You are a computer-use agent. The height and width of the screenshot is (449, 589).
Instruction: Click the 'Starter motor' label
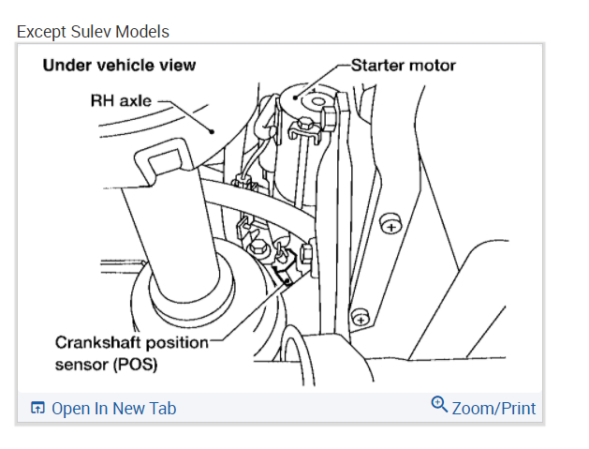(x=404, y=66)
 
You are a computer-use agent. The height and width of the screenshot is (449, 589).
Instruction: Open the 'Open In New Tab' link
(x=113, y=408)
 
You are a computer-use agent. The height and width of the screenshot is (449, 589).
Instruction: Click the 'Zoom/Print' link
(x=493, y=408)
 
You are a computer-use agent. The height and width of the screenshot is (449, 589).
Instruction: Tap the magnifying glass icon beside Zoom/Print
(x=439, y=404)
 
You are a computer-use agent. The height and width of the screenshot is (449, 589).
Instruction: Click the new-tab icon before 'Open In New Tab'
(x=38, y=408)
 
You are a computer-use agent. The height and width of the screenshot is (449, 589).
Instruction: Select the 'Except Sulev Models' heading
(x=93, y=32)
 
